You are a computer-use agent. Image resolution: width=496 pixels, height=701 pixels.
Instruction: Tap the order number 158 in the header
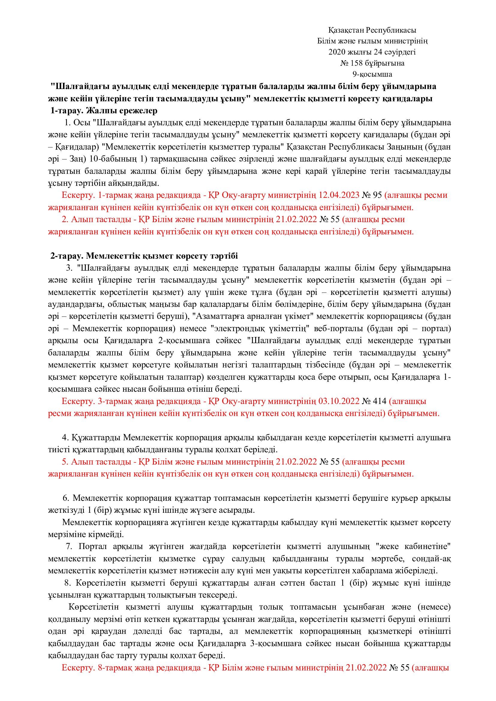click(x=357, y=63)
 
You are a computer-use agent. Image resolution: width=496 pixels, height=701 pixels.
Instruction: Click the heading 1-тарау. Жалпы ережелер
click(x=104, y=111)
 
